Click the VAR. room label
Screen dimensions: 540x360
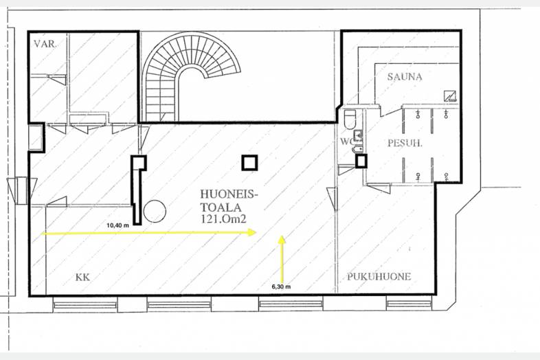click(x=45, y=44)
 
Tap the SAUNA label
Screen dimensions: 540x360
click(x=405, y=76)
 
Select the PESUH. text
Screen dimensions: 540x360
click(x=405, y=143)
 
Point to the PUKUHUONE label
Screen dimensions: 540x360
click(x=379, y=277)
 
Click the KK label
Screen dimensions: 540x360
click(x=82, y=278)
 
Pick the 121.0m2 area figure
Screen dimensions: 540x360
click(x=223, y=219)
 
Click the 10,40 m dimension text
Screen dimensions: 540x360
click(x=117, y=225)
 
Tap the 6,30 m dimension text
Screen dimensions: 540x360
click(x=281, y=286)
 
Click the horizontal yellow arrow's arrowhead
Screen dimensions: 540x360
click(x=252, y=232)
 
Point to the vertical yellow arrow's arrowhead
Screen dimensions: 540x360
click(x=282, y=240)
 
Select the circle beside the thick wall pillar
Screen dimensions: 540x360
click(x=155, y=211)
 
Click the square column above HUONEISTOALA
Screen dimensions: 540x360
click(x=249, y=163)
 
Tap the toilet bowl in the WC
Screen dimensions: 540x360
click(x=350, y=119)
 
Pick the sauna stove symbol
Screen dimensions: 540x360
click(x=450, y=95)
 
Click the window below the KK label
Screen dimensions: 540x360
click(x=85, y=305)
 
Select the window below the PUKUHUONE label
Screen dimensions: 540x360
click(x=409, y=304)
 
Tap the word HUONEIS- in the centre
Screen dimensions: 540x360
click(x=229, y=194)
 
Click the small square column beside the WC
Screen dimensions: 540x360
click(x=361, y=161)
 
